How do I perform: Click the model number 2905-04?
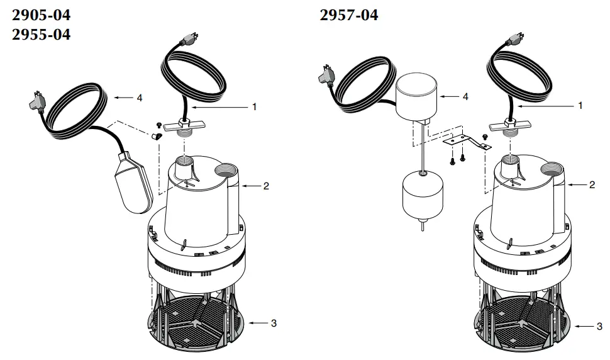(x=42, y=14)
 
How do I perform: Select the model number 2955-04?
(x=42, y=34)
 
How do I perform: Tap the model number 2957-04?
(x=349, y=14)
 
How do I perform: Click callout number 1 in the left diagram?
(x=254, y=107)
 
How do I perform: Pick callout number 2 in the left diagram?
(x=266, y=186)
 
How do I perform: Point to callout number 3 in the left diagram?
(x=274, y=323)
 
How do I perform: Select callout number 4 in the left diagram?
(x=139, y=98)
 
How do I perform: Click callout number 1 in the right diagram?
(x=580, y=106)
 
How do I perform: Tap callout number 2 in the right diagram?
(x=592, y=185)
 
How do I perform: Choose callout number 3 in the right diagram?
(x=599, y=327)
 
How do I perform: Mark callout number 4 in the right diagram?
(x=465, y=97)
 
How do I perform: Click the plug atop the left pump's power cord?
(x=187, y=40)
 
